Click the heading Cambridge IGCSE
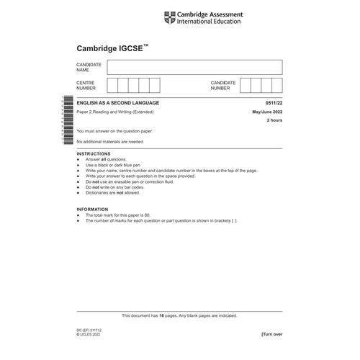(x=112, y=48)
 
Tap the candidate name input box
(x=194, y=67)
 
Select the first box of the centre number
(x=112, y=86)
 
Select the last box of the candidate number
(x=277, y=86)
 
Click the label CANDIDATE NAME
(x=89, y=67)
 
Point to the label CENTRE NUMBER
(x=87, y=86)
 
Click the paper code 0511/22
(x=274, y=105)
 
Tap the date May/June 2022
(x=267, y=114)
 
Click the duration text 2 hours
(x=274, y=122)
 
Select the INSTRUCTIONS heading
(x=93, y=153)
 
